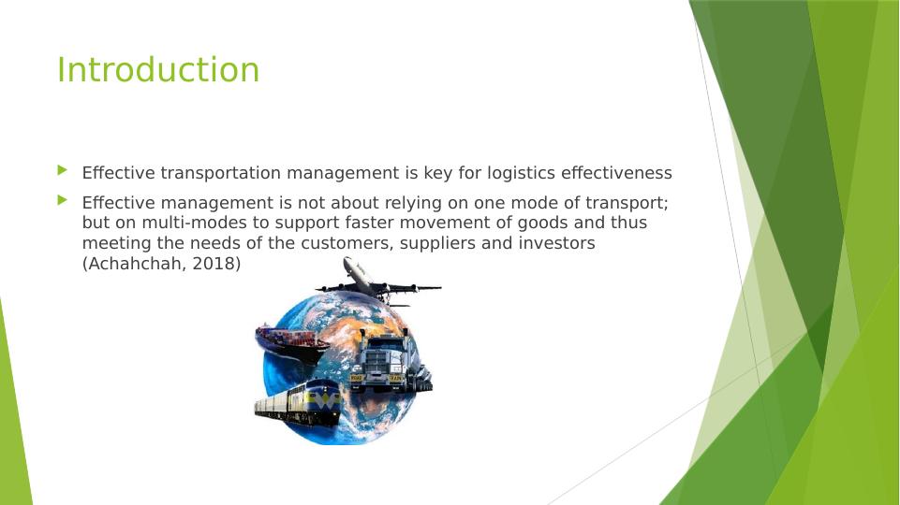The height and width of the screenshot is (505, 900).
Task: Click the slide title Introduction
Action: coord(158,70)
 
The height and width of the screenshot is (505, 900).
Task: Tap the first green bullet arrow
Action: coord(62,170)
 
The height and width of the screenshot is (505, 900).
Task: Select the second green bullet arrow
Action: coord(62,199)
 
